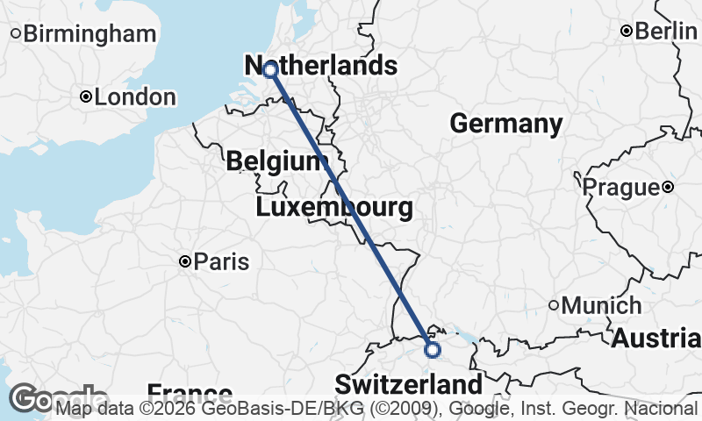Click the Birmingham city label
coord(90,34)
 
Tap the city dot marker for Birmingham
coord(16,34)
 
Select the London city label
coord(135,97)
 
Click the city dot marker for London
coord(86,97)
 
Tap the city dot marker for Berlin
coord(627,31)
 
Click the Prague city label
coord(620,187)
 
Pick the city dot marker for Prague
coord(668,187)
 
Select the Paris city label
coord(221,261)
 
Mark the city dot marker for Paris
coord(185,261)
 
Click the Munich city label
coord(602,306)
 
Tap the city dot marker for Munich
coord(554,306)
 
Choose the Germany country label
coord(505,125)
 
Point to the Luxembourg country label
coord(333,209)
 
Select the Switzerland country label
coord(408,384)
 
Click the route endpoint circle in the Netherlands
coord(270,68)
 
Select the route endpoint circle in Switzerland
coord(432,349)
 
